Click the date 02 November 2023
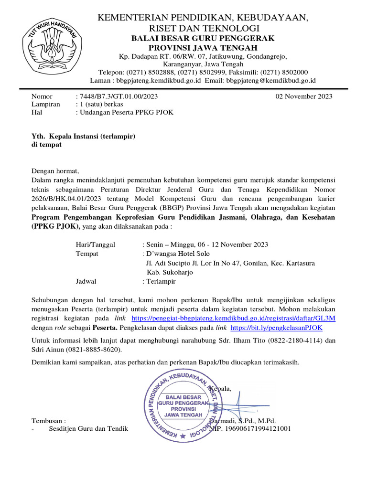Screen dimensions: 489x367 coord(304,96)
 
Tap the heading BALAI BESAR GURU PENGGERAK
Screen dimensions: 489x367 coord(203,39)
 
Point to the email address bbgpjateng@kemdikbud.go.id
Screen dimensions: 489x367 coord(271,80)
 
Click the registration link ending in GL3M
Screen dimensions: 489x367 coord(233,318)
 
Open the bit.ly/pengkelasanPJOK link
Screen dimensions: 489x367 coord(276,328)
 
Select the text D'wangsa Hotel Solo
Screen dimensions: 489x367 coord(177,254)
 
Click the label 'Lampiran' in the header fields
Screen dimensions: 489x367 coord(46,105)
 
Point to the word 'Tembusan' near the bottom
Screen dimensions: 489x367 coord(47,421)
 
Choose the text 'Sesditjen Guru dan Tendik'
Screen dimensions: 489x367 coord(88,429)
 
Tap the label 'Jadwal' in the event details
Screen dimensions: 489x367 coord(86,281)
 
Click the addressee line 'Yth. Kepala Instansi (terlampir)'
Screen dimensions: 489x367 coord(84,136)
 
